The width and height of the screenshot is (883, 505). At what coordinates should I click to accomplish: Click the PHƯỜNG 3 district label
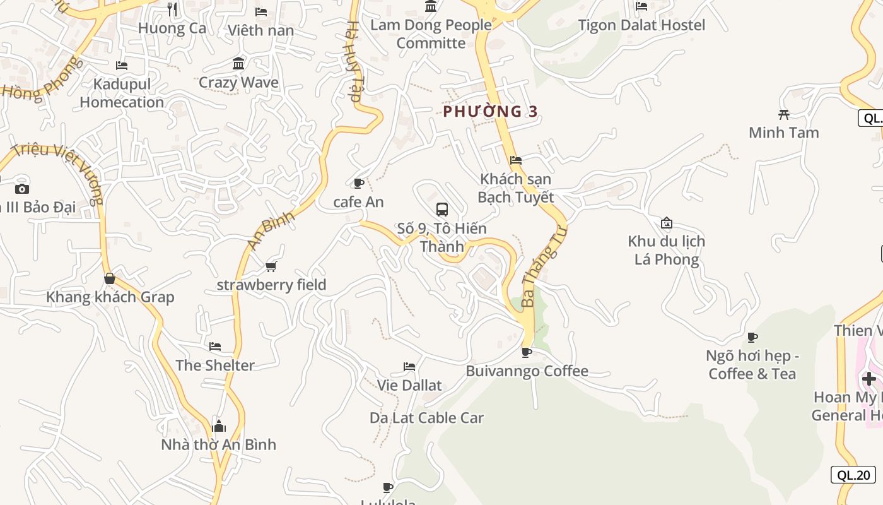[x=490, y=112]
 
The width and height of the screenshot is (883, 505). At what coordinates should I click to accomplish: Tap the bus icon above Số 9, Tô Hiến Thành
[x=442, y=209]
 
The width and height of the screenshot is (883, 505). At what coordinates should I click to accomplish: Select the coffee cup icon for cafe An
[x=359, y=184]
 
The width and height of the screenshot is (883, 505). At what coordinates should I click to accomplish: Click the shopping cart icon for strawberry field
[x=271, y=266]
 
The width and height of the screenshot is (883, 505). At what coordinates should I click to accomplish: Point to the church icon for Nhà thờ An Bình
[x=219, y=426]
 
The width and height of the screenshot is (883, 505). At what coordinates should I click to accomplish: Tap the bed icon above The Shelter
[x=215, y=347]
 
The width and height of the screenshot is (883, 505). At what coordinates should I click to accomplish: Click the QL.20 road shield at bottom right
[x=853, y=475]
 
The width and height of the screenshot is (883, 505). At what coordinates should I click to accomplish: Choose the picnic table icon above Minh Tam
[x=784, y=114]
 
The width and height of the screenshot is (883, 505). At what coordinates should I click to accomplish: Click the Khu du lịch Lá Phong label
[x=667, y=250]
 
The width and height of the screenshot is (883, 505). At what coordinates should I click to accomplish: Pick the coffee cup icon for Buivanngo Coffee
[x=527, y=352]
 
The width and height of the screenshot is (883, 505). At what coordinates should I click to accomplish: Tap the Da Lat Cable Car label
[x=426, y=418]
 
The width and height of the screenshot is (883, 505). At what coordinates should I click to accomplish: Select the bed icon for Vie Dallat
[x=409, y=367]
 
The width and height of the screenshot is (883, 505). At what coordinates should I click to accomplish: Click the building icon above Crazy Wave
[x=238, y=64]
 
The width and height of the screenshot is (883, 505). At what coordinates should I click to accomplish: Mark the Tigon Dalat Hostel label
[x=641, y=25]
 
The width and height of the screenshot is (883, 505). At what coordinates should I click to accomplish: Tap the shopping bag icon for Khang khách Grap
[x=110, y=278]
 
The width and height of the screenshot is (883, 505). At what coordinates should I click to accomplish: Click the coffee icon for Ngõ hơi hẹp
[x=752, y=337]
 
